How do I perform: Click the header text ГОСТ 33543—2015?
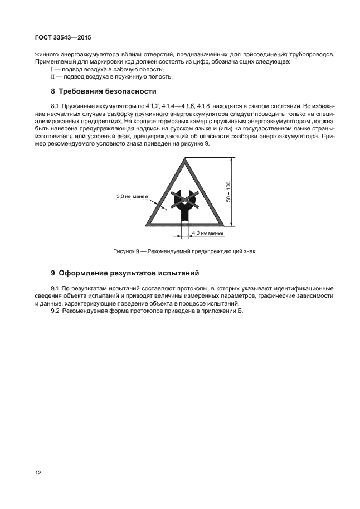[x=55, y=38]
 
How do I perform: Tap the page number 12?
[x=37, y=473]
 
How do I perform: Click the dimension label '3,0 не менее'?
[x=132, y=196]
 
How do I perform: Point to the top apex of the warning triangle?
[x=183, y=159]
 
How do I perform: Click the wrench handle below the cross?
[x=183, y=215]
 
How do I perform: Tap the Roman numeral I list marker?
[x=52, y=69]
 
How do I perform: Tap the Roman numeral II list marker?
[x=53, y=77]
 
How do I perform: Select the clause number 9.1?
[x=55, y=288]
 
